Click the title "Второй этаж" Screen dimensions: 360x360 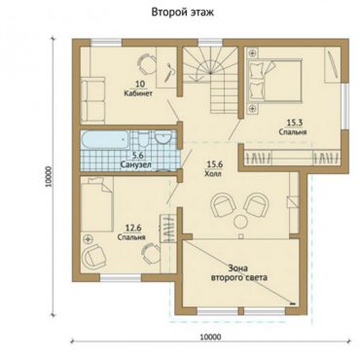[x=183, y=13]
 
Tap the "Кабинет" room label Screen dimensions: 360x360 [x=138, y=93]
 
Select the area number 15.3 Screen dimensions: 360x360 [x=293, y=123]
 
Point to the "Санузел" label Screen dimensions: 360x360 [x=135, y=164]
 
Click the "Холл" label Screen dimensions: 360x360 [x=213, y=173]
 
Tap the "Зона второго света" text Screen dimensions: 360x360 [x=239, y=273]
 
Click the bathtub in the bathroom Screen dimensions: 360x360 [x=104, y=140]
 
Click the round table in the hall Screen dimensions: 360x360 [x=240, y=222]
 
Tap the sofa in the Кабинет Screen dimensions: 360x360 [x=92, y=100]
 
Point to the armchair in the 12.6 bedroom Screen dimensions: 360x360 [x=93, y=255]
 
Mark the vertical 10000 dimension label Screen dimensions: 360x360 [x=49, y=176]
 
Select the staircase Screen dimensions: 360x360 [x=209, y=80]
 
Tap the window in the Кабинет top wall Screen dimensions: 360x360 [x=106, y=43]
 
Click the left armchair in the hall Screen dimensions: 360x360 [x=223, y=204]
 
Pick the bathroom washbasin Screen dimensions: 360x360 [x=162, y=138]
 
